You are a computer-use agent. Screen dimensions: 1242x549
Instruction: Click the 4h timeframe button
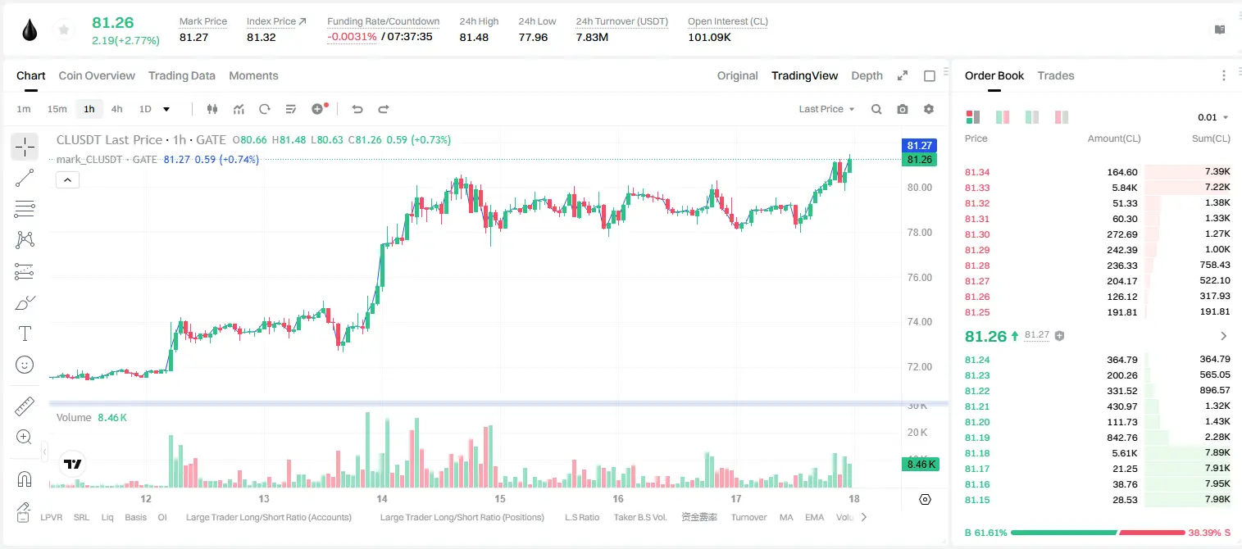point(116,109)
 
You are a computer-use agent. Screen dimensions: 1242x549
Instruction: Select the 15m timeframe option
point(57,109)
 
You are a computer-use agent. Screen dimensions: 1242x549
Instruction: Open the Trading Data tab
point(181,75)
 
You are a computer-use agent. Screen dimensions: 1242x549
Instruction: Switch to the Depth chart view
point(867,75)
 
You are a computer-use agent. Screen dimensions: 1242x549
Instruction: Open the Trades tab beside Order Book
point(1056,75)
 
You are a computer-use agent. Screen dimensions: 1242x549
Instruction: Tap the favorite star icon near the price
point(64,30)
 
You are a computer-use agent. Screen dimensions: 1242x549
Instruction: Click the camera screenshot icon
point(903,109)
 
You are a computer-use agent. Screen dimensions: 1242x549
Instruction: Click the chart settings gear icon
point(929,109)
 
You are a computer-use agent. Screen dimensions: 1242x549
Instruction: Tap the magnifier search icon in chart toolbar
point(876,109)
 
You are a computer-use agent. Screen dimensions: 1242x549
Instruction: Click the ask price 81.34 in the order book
point(977,172)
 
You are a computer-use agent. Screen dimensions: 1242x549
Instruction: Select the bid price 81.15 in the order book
point(977,500)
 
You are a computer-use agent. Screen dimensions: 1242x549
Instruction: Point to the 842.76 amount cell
point(1121,438)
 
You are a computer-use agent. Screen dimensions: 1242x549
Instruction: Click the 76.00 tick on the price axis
point(919,278)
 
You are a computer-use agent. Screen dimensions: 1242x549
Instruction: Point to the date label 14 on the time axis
point(382,498)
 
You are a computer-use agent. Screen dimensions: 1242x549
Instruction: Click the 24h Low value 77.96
point(533,37)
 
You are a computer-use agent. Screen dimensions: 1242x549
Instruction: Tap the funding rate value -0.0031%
point(352,37)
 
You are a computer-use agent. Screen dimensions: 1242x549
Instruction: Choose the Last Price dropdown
point(826,109)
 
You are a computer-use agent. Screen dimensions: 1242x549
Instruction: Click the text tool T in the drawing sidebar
point(25,333)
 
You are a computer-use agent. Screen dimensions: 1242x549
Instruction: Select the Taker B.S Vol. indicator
point(639,517)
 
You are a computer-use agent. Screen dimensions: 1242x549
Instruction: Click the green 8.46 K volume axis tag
point(921,465)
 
